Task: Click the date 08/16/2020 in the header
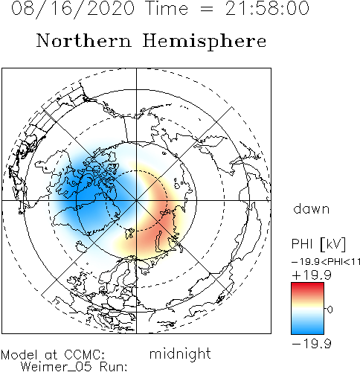pos(73,9)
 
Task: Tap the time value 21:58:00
pos(267,8)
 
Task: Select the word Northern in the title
pos(84,41)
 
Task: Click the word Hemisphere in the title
pos(205,42)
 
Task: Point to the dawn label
pos(312,209)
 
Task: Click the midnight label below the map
pos(180,354)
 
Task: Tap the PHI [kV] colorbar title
pos(318,244)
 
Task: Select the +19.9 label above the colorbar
pos(312,275)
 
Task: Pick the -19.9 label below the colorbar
pos(312,344)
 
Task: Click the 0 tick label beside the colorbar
pos(330,310)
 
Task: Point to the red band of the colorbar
pos(307,288)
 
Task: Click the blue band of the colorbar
pos(307,327)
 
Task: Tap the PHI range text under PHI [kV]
pos(326,262)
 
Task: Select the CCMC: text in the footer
pos(85,355)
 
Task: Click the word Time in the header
pos(167,8)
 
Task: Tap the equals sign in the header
pos(207,9)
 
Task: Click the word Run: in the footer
pos(114,367)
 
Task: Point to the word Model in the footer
pos(19,355)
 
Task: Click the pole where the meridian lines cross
pos(136,200)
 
